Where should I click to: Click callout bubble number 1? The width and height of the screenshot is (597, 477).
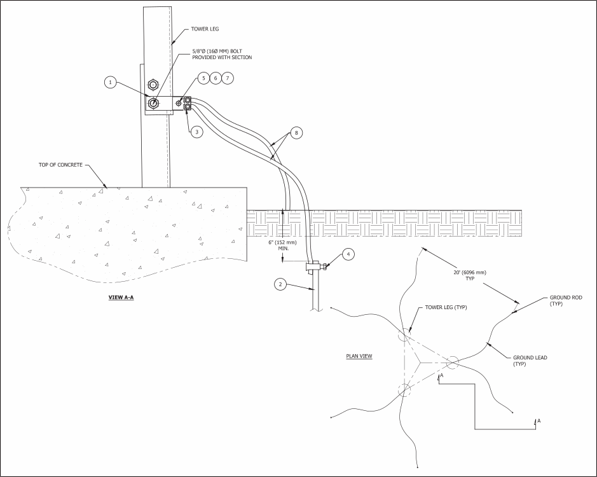pyautogui.click(x=111, y=82)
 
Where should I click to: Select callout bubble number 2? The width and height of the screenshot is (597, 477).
pyautogui.click(x=280, y=284)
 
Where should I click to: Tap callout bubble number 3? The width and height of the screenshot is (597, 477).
pyautogui.click(x=197, y=132)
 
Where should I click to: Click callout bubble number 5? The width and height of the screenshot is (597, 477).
pyautogui.click(x=203, y=78)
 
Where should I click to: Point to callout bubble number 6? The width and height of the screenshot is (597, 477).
pyautogui.click(x=216, y=78)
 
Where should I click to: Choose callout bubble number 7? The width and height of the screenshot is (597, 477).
pyautogui.click(x=228, y=78)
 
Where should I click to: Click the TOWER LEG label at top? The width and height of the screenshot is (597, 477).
pyautogui.click(x=205, y=29)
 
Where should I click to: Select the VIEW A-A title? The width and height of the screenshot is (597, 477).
pyautogui.click(x=120, y=297)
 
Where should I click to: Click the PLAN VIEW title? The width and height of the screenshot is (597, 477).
pyautogui.click(x=359, y=356)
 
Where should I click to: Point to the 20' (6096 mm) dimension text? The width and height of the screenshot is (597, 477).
pyautogui.click(x=470, y=275)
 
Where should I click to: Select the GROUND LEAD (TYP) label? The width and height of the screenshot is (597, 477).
pyautogui.click(x=530, y=361)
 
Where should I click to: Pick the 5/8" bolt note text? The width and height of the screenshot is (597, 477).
pyautogui.click(x=222, y=54)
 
